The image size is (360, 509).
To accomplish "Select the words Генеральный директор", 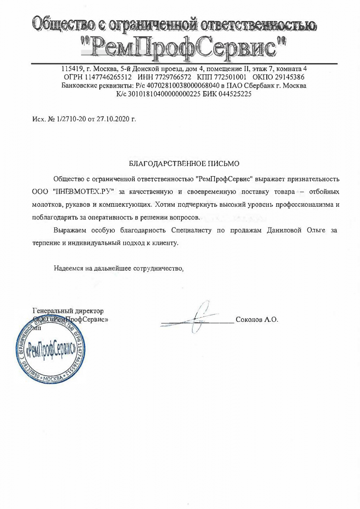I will tap(68, 310).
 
